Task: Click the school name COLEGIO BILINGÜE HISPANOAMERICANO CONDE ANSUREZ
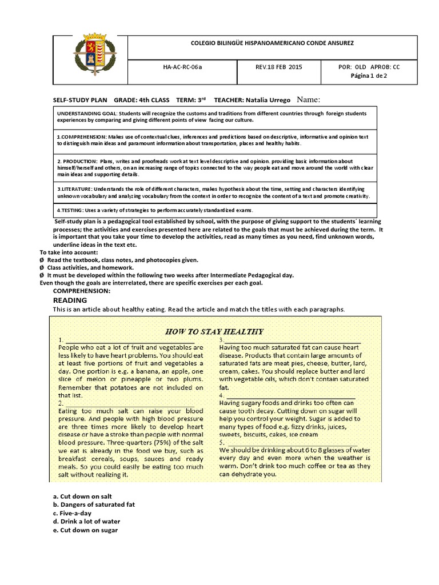pyautogui.click(x=272, y=43)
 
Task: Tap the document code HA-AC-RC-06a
pyautogui.click(x=182, y=67)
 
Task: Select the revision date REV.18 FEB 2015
pyautogui.click(x=279, y=67)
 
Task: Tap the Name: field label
pyautogui.click(x=309, y=99)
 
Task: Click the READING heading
pyautogui.click(x=70, y=300)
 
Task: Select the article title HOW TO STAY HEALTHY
pyautogui.click(x=214, y=331)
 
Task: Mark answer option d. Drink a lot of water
pyautogui.click(x=86, y=522)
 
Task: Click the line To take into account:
pyautogui.click(x=69, y=252)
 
